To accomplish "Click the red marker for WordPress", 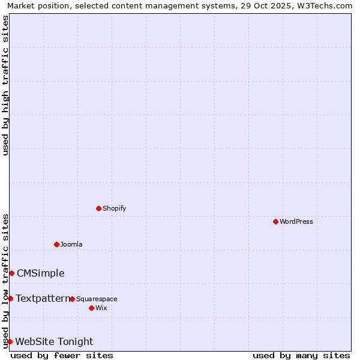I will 275,221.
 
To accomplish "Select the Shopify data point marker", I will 98,208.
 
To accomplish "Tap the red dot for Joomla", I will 56,244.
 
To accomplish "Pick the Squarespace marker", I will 72,299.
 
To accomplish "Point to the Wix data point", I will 91,308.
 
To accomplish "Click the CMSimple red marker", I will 11,273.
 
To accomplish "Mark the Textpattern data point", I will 10,298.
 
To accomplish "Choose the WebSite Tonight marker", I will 10,341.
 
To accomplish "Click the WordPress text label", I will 296,221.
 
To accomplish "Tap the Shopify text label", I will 114,208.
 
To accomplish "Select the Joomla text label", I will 71,244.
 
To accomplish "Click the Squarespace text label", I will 97,299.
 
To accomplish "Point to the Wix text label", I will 101,308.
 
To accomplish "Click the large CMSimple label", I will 40,273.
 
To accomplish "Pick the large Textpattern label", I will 43,298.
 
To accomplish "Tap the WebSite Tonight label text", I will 54,341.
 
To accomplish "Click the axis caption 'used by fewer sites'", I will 62,355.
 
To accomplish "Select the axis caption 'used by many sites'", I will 301,355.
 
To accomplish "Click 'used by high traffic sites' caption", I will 5,85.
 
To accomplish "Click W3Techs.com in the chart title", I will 325,5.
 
